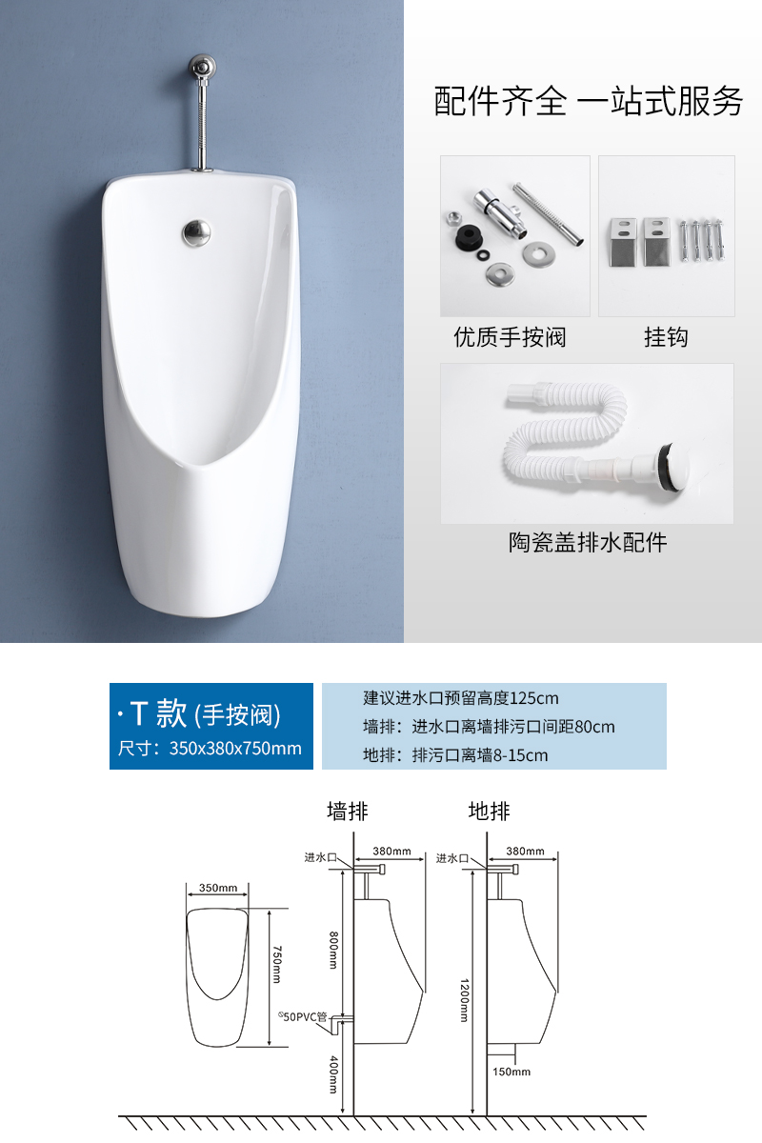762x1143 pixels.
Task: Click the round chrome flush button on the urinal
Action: pos(196,232)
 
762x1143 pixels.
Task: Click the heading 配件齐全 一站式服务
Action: pos(588,101)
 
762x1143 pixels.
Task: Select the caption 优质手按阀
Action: pos(510,337)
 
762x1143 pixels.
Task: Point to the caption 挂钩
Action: pos(666,337)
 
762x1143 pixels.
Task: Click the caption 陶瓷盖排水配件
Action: pos(588,542)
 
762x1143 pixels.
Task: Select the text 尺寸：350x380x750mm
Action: pos(210,748)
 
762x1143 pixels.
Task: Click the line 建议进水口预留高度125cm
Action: pos(461,697)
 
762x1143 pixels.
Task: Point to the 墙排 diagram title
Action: pos(348,811)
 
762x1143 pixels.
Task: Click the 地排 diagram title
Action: pos(489,811)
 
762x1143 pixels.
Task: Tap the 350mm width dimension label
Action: pos(218,888)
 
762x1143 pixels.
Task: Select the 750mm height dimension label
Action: pos(276,964)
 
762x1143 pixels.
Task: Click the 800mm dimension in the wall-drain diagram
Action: pos(333,951)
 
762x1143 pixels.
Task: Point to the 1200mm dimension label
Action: pos(465,1001)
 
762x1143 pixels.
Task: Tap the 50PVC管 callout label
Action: pos(302,1017)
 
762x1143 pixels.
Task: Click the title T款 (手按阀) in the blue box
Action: pos(200,713)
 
